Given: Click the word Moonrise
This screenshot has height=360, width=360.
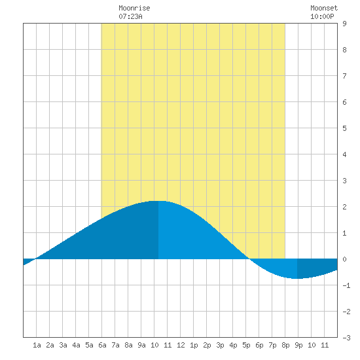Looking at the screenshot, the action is click(x=134, y=8).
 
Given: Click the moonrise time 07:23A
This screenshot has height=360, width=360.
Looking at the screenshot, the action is click(x=130, y=16).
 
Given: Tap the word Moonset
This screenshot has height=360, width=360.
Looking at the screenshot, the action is click(x=324, y=8).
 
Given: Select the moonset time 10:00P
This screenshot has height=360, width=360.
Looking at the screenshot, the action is click(x=322, y=16).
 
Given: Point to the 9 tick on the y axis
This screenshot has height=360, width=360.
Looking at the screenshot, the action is click(x=344, y=24).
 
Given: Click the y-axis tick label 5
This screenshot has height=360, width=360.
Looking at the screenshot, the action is click(x=344, y=128).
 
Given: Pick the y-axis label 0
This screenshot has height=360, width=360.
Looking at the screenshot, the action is click(x=344, y=259).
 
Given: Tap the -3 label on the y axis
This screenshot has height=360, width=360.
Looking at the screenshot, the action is click(x=346, y=338).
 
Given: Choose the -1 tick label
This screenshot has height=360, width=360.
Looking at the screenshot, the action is click(x=346, y=285).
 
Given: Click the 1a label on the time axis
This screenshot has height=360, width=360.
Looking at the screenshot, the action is click(x=37, y=345).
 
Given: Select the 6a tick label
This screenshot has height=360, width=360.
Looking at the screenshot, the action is click(x=102, y=345).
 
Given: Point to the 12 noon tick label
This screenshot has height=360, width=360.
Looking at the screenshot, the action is click(x=181, y=345).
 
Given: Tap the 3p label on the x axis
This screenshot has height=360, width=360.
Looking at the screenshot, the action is click(x=220, y=345).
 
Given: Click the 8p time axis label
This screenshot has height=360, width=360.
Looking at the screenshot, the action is click(x=285, y=345).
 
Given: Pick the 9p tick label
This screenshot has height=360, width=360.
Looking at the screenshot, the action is click(x=298, y=345).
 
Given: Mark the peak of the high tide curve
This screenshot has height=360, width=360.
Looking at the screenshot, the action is click(x=158, y=201).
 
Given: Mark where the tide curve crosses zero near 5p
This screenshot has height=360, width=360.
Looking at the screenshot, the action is click(x=249, y=259).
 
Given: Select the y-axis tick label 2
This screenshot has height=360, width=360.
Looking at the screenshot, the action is click(x=344, y=207).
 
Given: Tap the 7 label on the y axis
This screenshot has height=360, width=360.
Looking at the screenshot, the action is click(x=344, y=76).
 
